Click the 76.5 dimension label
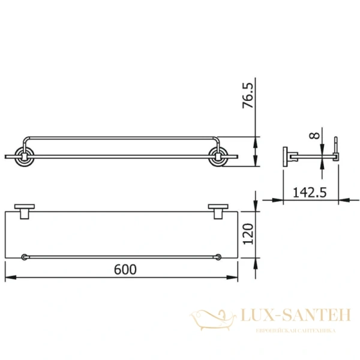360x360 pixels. coord(248,95)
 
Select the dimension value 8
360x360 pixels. coord(314,136)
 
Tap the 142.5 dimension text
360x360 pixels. coord(310,192)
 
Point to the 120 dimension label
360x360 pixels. coord(248,234)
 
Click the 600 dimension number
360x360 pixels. coord(125,269)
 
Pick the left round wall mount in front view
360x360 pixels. coord(25,157)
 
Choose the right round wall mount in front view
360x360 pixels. coord(218,157)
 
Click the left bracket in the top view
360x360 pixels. coord(25,211)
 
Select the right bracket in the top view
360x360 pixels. coord(218,211)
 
